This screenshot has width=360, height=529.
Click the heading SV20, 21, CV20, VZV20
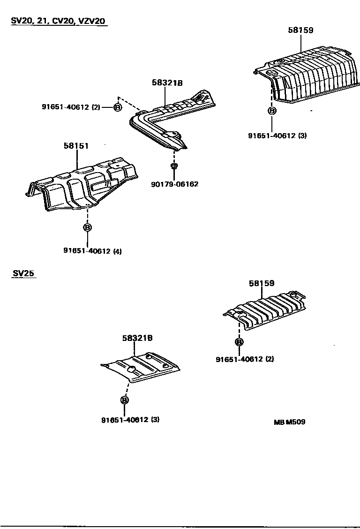[x=59, y=21]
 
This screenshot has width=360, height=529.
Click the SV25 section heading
[x=23, y=273]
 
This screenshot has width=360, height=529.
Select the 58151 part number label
[x=76, y=146]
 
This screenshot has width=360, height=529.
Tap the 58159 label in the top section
[x=300, y=30]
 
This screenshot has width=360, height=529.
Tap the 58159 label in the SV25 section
[x=262, y=283]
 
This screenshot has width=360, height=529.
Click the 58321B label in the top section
[x=167, y=83]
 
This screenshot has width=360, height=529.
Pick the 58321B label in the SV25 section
[x=137, y=337]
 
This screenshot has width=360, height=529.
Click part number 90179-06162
[x=174, y=184]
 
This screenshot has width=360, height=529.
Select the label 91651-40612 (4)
[x=92, y=251]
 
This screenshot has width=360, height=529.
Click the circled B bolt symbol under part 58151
[x=87, y=227]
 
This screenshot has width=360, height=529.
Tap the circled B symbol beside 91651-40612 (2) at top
[x=118, y=107]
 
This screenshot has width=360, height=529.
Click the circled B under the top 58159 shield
[x=271, y=111]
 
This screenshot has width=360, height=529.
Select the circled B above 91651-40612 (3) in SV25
[x=125, y=400]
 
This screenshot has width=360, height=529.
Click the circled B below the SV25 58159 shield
[x=239, y=342]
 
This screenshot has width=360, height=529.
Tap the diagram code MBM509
[x=289, y=422]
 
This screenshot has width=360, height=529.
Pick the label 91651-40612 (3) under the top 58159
[x=277, y=136]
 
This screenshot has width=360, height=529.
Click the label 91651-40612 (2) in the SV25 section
[x=245, y=359]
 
